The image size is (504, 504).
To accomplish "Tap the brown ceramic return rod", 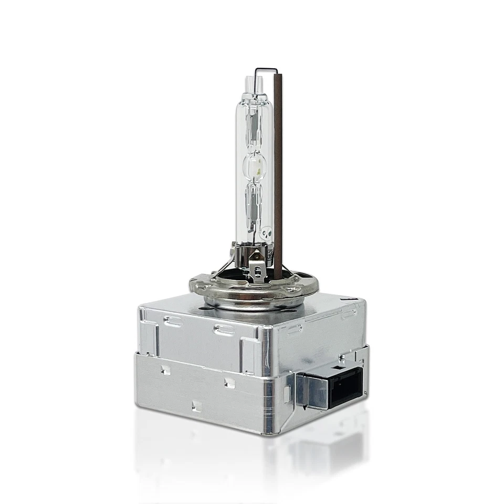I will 278,173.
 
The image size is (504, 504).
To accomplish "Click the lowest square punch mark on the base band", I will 196,405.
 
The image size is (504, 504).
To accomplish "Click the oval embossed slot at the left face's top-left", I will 173,321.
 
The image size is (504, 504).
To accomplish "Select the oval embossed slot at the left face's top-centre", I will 225,330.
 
